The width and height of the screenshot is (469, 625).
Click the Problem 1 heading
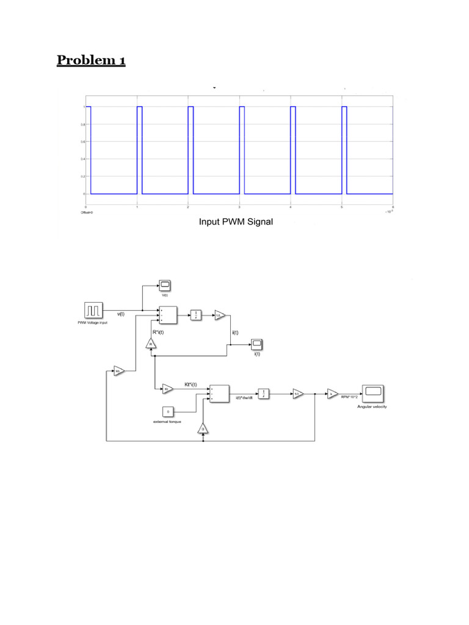(x=91, y=60)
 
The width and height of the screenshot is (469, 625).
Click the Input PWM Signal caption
(x=236, y=222)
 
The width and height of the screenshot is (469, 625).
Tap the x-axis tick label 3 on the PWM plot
(x=239, y=208)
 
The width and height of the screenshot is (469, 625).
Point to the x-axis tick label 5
(x=342, y=208)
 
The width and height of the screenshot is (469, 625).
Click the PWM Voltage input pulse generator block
(x=95, y=310)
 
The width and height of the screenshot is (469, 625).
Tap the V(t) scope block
(x=165, y=285)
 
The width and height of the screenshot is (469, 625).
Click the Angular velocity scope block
(x=372, y=394)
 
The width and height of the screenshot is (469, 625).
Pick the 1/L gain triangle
(x=219, y=315)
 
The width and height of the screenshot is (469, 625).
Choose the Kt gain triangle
(x=167, y=388)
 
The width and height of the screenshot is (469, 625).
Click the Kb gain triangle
(x=118, y=370)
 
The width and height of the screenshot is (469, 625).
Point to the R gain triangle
(x=151, y=344)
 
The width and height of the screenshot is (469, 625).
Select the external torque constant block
(x=168, y=411)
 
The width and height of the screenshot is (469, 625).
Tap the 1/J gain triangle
(x=297, y=394)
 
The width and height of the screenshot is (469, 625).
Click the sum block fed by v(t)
(x=168, y=315)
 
